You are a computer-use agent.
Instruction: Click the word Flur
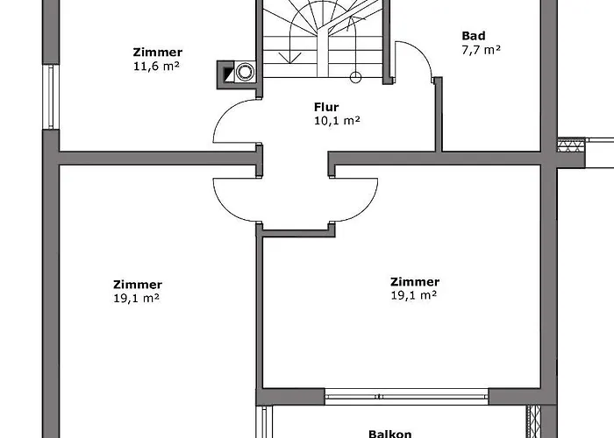[326, 107]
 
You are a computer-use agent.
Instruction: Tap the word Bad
[474, 36]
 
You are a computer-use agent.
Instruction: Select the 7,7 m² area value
[481, 50]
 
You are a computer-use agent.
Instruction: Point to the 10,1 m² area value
[337, 121]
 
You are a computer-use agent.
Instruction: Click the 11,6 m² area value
[156, 66]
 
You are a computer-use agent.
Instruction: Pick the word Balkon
[390, 434]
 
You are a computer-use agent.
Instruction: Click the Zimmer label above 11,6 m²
[157, 52]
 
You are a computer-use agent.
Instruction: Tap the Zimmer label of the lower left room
[138, 285]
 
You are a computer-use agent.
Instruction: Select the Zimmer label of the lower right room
[415, 281]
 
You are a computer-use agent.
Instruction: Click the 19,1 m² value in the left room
[136, 298]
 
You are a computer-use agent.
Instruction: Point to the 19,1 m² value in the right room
[413, 295]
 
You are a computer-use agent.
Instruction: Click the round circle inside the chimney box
[245, 72]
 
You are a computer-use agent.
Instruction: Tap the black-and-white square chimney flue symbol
[229, 74]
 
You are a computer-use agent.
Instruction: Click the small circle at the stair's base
[355, 77]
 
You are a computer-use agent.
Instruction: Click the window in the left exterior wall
[51, 96]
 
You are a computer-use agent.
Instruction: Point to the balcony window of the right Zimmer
[406, 397]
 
